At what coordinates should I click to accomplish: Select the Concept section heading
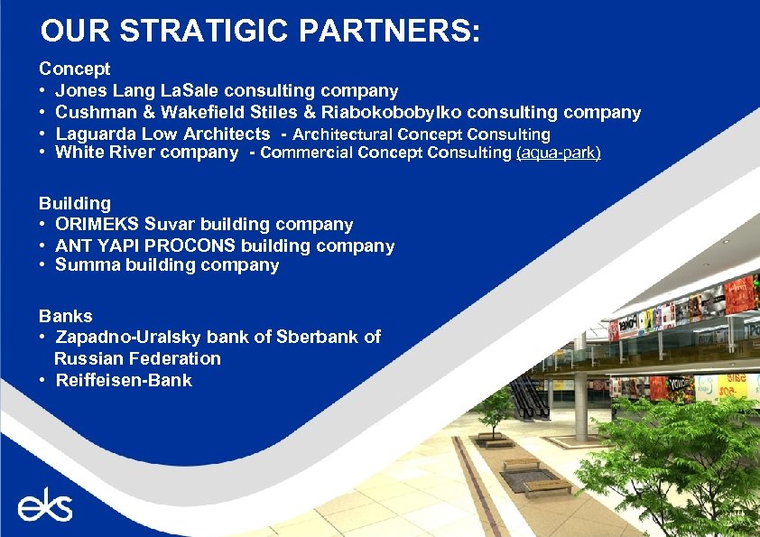[x=74, y=69]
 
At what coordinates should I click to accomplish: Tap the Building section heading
[x=74, y=204]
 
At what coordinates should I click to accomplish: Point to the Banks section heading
[x=65, y=316]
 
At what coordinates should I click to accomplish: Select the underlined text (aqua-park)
[x=558, y=153]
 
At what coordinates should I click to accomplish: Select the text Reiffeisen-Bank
[x=124, y=380]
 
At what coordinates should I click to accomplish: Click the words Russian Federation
[x=137, y=358]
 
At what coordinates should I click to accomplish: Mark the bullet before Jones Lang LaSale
[x=43, y=91]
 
